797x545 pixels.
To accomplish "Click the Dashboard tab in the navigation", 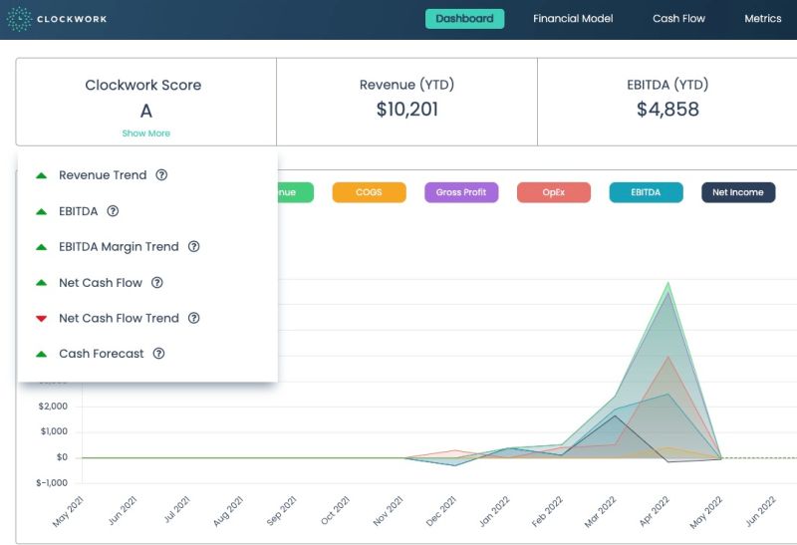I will (x=464, y=19).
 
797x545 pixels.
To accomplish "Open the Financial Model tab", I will (x=573, y=19).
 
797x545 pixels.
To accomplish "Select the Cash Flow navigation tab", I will (x=678, y=19).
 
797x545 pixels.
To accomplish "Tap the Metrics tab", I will (x=763, y=19).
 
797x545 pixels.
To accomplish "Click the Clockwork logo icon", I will (x=19, y=19).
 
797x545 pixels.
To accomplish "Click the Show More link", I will (x=145, y=134).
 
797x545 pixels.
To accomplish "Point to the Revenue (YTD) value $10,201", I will (x=406, y=110).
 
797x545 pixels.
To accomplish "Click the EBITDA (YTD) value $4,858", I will (x=667, y=110).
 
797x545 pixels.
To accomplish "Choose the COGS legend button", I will (x=369, y=192).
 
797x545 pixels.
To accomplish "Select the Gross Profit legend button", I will (x=461, y=192).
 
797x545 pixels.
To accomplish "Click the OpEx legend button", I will (x=554, y=192).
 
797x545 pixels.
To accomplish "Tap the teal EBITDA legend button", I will (x=646, y=192).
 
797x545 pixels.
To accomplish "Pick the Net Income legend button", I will (x=738, y=192).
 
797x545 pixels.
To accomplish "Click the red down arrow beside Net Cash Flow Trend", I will (x=41, y=319).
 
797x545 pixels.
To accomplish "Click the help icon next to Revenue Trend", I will (x=161, y=175).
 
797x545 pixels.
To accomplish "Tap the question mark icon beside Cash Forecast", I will (x=158, y=354).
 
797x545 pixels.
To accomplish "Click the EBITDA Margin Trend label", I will (x=119, y=247).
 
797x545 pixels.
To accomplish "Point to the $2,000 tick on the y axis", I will (x=53, y=407).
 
